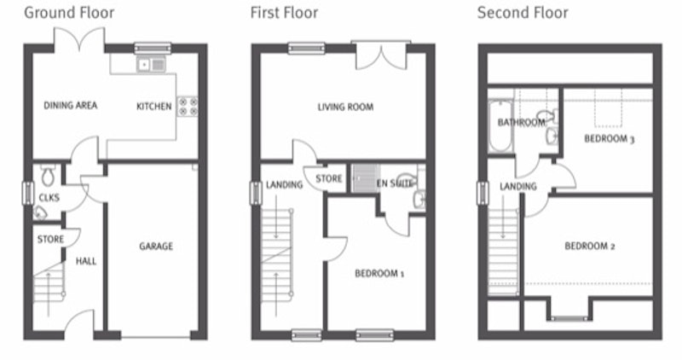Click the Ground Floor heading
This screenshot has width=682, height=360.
[69, 13]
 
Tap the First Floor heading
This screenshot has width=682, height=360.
[284, 13]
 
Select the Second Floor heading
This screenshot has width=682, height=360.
[523, 13]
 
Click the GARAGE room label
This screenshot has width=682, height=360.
[156, 247]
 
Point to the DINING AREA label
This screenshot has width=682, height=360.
[71, 105]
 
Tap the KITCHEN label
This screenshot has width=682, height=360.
[154, 107]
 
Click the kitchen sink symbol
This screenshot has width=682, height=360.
[152, 65]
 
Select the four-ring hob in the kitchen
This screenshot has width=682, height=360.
[188, 107]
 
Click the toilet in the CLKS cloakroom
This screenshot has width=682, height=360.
[48, 175]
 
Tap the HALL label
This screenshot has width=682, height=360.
[86, 261]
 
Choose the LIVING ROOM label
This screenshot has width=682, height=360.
[345, 107]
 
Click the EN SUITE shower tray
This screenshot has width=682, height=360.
[366, 178]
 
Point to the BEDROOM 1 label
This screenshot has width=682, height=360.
[379, 274]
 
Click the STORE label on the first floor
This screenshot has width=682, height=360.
[329, 178]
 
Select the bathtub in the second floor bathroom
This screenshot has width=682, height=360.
[500, 125]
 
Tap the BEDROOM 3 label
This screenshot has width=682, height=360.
[610, 139]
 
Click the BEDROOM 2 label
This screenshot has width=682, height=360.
[590, 247]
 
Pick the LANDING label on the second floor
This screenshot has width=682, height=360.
[518, 186]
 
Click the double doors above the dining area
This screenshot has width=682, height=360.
[79, 38]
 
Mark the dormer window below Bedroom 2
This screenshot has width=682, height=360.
[569, 319]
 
